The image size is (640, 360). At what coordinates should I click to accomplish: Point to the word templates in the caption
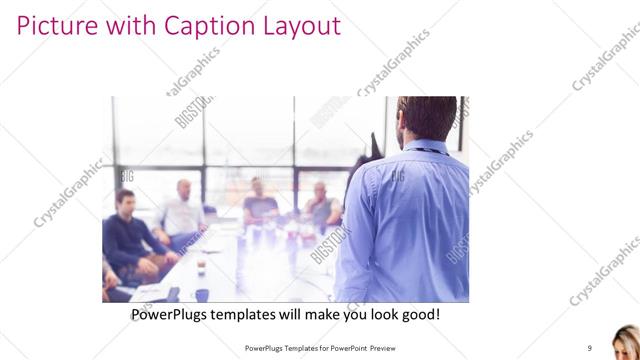[x=254, y=314]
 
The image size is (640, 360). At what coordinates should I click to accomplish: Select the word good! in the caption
[x=419, y=314]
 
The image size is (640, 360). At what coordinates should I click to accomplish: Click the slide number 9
[x=589, y=347]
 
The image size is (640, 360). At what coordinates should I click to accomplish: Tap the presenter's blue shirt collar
[x=424, y=147]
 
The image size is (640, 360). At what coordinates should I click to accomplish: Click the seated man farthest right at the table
[x=322, y=205]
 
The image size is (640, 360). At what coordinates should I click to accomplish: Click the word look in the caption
[x=382, y=314]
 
